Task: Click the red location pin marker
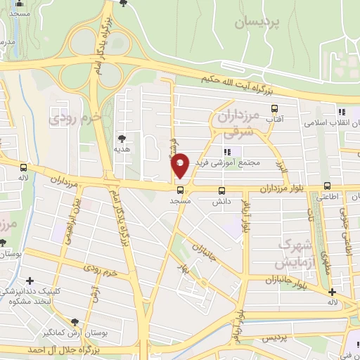(x=180, y=165)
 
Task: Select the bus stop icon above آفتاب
(x=274, y=108)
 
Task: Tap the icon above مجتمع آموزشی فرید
(x=226, y=152)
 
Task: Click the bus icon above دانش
(x=222, y=190)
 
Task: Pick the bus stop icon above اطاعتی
(x=327, y=186)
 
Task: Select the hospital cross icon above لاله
(x=333, y=292)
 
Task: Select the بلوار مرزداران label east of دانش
(x=285, y=189)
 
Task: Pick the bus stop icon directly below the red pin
(x=181, y=190)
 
